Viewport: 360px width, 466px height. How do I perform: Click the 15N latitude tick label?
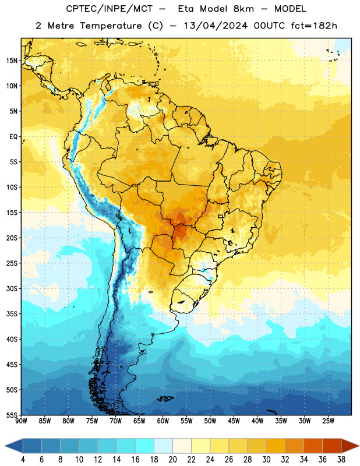12,61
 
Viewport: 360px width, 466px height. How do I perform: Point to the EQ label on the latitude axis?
13,137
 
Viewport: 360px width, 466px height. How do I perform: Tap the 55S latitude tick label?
12,415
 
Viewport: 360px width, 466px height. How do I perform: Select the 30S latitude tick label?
12,288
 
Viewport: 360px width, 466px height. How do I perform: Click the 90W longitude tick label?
21,421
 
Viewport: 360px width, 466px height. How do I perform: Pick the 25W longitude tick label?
328,421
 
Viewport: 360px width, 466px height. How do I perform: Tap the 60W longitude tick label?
163,421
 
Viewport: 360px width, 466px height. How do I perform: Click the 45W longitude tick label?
234,421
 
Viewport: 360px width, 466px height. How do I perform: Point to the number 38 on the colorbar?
341,460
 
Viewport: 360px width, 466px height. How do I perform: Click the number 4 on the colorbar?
23,460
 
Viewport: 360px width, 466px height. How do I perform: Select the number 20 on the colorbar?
172,460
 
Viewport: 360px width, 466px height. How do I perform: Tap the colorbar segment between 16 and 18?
145,446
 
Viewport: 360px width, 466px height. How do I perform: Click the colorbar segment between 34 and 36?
313,446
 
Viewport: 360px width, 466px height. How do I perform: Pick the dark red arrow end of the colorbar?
350,446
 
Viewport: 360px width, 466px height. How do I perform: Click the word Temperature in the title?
111,26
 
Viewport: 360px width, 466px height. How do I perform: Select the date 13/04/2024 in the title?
216,26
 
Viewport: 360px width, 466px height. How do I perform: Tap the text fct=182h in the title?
314,26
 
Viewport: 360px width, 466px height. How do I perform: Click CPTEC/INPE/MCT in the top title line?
109,9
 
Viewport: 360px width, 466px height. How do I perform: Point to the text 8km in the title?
243,9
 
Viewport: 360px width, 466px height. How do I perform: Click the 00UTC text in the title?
269,26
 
